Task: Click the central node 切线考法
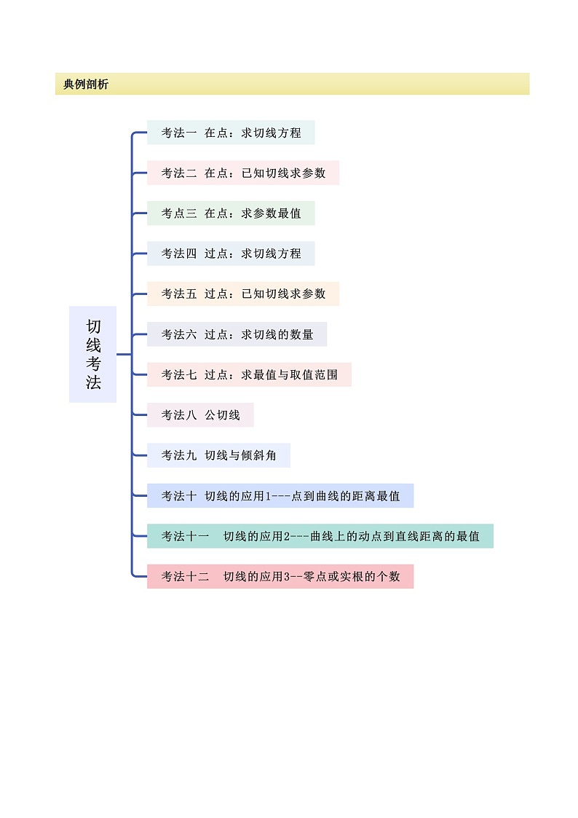click(x=92, y=354)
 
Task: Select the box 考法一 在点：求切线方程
click(x=231, y=133)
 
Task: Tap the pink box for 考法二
click(x=242, y=173)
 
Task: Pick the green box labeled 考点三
click(x=231, y=213)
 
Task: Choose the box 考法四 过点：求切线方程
click(x=231, y=253)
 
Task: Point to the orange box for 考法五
click(x=242, y=294)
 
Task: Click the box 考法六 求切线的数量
click(x=237, y=334)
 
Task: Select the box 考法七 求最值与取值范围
click(x=249, y=374)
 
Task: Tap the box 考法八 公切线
click(x=200, y=415)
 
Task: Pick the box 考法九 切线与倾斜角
click(x=218, y=455)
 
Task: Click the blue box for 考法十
click(x=280, y=496)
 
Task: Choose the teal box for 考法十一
click(x=320, y=536)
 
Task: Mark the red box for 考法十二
click(x=280, y=576)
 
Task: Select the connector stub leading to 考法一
click(x=140, y=133)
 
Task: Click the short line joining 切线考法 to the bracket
click(x=123, y=355)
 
